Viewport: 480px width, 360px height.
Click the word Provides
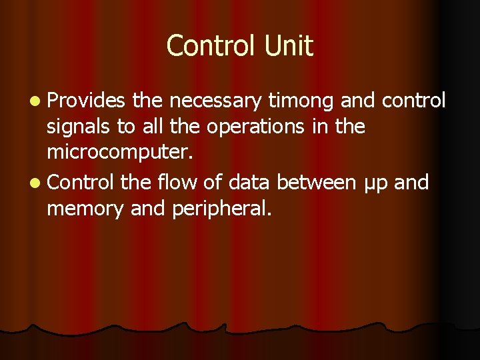click(x=86, y=101)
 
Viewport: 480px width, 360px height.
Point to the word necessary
click(x=215, y=101)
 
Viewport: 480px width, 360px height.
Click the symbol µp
click(x=377, y=182)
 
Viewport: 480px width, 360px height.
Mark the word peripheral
click(x=221, y=209)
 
